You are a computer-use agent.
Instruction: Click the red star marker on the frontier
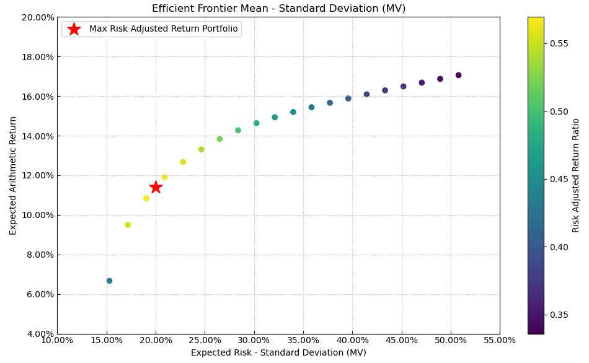pos(156,187)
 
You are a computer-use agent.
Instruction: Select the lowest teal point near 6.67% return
pos(109,281)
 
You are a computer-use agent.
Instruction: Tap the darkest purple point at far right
pos(458,76)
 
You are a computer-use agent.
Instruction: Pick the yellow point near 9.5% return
pos(128,225)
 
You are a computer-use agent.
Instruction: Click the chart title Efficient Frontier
pos(278,9)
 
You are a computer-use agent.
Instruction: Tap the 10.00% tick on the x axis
pos(57,340)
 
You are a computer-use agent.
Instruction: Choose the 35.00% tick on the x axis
pos(303,340)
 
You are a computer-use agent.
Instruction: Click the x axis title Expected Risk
pos(278,353)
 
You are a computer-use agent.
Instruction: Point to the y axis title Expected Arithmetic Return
pos(13,176)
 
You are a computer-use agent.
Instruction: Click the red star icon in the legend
pos(74,29)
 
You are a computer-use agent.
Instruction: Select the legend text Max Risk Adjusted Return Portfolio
pos(163,29)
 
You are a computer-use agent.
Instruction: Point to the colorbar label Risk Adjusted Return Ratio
pos(576,176)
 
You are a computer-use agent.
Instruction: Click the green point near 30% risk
pos(256,123)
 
